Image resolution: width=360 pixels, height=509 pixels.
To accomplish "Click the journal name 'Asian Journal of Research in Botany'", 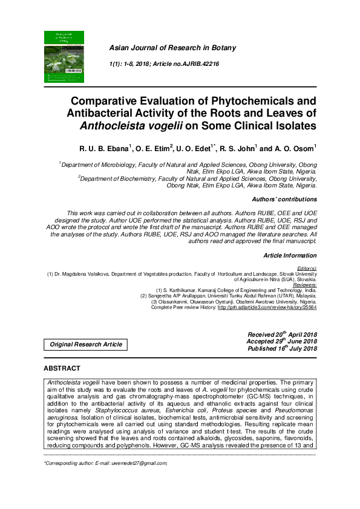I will (x=172, y=48).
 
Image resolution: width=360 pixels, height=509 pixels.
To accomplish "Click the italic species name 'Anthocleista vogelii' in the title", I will (x=131, y=126).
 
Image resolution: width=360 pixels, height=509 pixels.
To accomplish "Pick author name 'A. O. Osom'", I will (x=293, y=148).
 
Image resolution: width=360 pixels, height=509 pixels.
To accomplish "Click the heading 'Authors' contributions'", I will (x=284, y=199).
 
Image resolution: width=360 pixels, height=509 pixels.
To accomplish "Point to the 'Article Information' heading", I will (x=290, y=256).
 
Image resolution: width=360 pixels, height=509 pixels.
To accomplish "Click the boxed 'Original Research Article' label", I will (x=85, y=345).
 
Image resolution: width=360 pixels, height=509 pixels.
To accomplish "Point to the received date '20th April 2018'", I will (x=292, y=334).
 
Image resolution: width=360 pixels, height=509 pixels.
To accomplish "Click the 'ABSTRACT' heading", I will (x=62, y=368).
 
